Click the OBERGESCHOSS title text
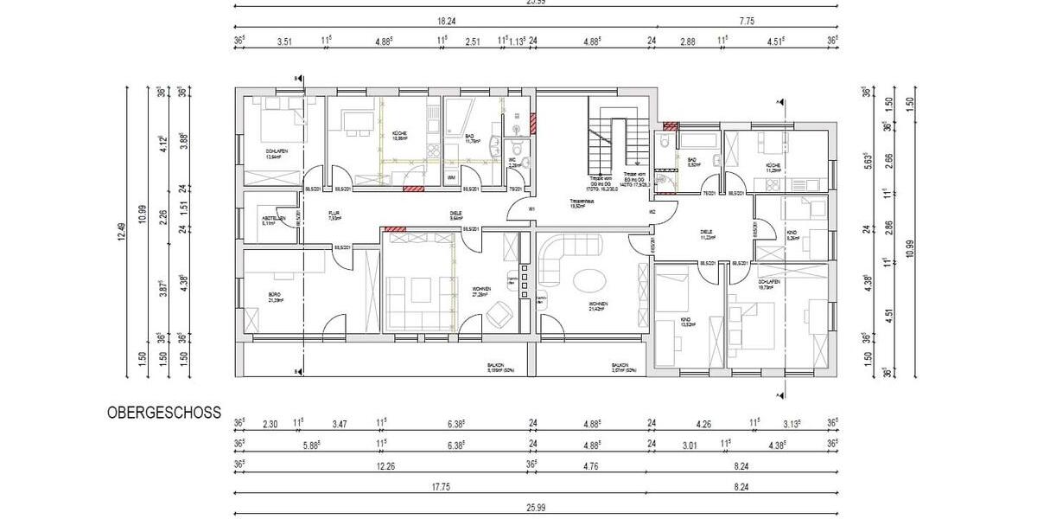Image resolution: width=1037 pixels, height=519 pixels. coord(164,413)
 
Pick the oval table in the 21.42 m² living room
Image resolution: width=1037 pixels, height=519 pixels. coord(589,281)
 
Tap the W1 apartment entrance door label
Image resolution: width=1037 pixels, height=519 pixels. coord(532,208)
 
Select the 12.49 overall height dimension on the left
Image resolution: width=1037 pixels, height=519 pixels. coord(133,231)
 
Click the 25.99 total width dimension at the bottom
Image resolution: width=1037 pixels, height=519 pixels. coord(536,506)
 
